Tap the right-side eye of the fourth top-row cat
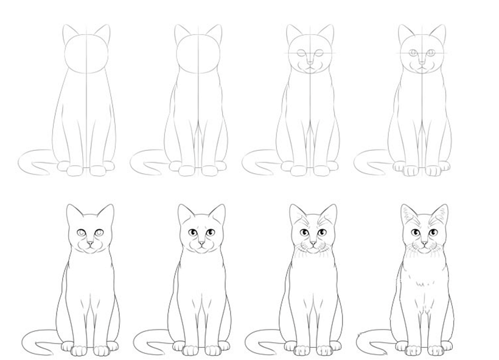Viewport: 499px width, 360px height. [431, 53]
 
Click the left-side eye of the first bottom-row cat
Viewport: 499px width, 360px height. [82, 232]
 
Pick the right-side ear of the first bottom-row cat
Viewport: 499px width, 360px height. [105, 214]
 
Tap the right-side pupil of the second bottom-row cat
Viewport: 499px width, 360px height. [210, 232]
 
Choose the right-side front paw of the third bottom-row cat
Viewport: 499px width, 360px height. [324, 350]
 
